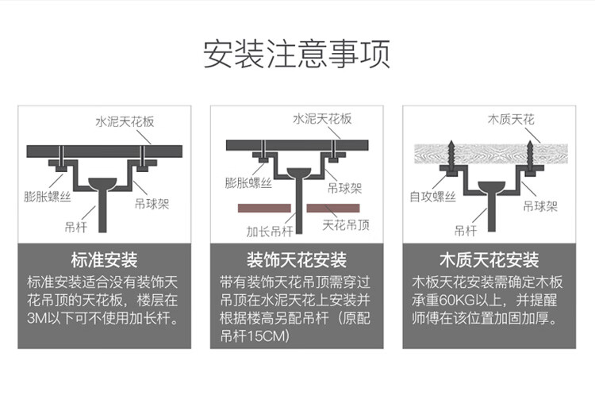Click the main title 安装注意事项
tap(297, 54)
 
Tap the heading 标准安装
tap(105, 260)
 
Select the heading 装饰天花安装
tap(297, 260)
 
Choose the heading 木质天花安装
tap(489, 260)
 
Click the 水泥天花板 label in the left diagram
tap(125, 121)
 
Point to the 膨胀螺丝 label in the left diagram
tap(48, 197)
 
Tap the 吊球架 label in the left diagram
tap(152, 204)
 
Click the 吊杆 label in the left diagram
tap(76, 227)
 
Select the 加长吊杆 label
tap(270, 231)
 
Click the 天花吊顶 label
tap(346, 225)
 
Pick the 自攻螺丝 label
tap(432, 197)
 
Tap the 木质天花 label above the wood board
tap(511, 120)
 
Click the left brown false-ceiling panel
tap(264, 208)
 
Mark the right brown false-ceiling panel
tap(333, 208)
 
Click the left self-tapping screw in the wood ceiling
tap(451, 156)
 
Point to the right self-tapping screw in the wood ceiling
tap(530, 156)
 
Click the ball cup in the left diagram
tap(103, 184)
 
